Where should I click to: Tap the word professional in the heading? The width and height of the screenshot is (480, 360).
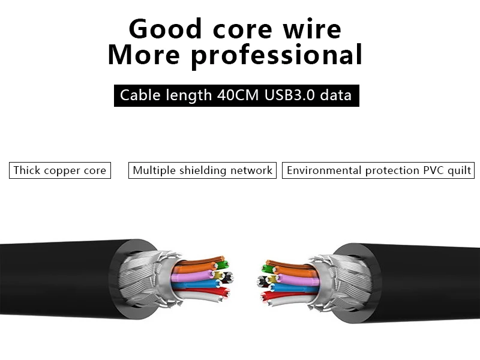coord(277,55)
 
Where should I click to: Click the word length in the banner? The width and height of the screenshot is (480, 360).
coord(183,95)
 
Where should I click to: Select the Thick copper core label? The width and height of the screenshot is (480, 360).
coord(59,170)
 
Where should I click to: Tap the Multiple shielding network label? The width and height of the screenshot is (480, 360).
coord(202,170)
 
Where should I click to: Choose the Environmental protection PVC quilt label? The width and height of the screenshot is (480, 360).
coord(379,170)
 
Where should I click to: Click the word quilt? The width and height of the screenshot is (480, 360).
coord(458,170)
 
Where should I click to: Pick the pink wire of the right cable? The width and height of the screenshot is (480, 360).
coord(294,280)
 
